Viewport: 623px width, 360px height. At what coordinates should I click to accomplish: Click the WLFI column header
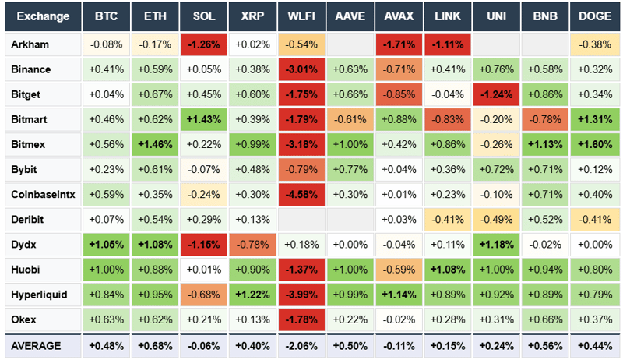[301, 16]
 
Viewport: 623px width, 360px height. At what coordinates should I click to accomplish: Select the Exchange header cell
[43, 16]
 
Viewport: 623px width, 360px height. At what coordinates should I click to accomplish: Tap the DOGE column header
[595, 16]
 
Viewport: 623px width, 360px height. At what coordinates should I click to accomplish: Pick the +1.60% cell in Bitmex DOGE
[595, 144]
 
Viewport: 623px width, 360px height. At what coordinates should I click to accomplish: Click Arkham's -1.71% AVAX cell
[399, 44]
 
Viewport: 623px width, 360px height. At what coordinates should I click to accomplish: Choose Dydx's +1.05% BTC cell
[106, 244]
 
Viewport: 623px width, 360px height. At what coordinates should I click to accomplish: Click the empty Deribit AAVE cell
[350, 219]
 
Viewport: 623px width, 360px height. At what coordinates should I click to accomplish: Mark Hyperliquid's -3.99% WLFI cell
[301, 295]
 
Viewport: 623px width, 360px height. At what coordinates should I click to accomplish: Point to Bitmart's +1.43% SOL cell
[203, 119]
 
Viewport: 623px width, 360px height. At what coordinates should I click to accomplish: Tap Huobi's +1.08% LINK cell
[448, 270]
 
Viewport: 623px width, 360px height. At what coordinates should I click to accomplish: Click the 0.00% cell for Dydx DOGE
[595, 244]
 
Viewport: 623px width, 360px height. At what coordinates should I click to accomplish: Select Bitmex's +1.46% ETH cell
[154, 144]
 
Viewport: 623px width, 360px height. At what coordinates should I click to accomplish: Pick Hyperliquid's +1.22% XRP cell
[252, 295]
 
